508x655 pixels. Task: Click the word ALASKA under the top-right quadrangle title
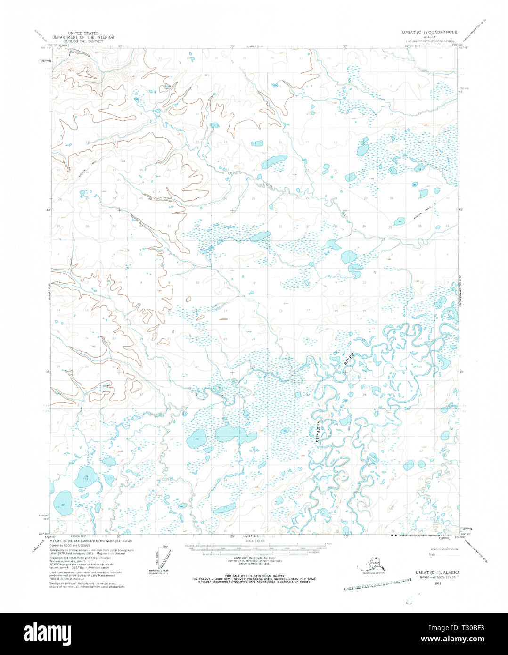[429, 37]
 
